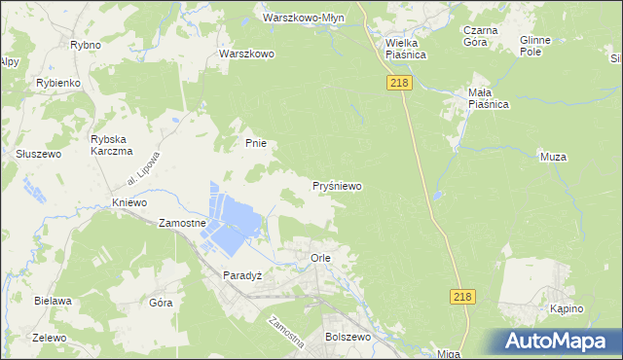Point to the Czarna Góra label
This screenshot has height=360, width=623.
point(481,36)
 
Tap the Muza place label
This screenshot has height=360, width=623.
point(552,156)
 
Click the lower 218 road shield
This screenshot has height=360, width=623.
point(463,297)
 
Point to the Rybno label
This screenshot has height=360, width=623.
point(86,45)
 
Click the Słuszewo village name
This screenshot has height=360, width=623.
point(39,154)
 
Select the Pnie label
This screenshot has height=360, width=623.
point(255,143)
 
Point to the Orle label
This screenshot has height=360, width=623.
point(321,258)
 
